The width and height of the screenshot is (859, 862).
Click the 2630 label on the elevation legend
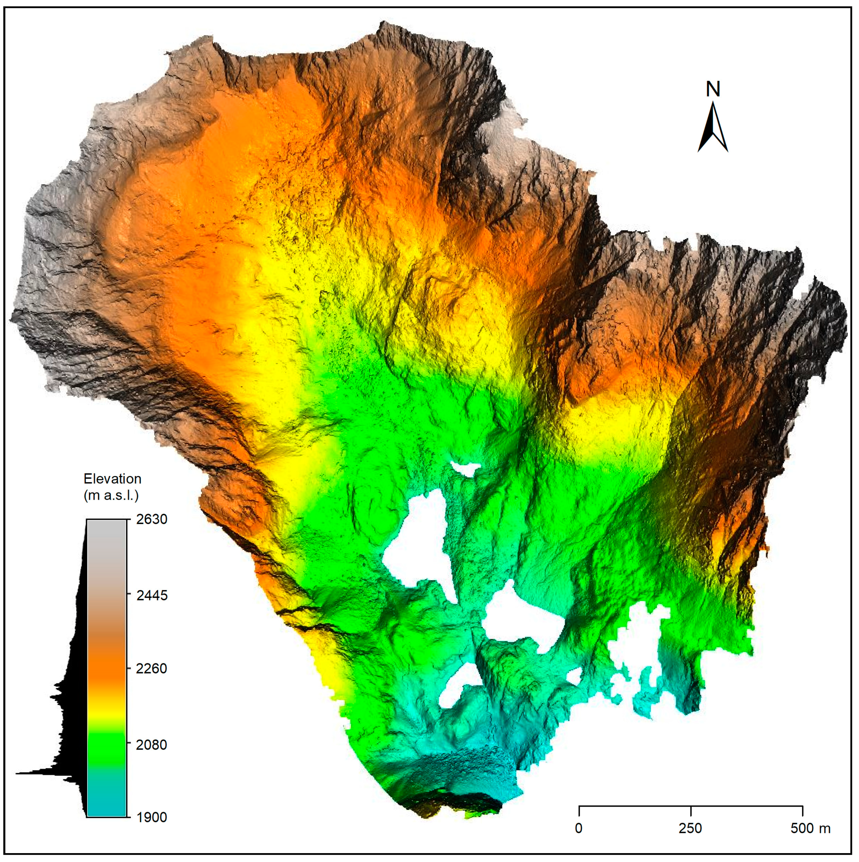pyautogui.click(x=152, y=519)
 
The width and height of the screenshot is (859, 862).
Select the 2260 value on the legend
pyautogui.click(x=152, y=668)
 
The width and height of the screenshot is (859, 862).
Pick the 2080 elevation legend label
pyautogui.click(x=152, y=745)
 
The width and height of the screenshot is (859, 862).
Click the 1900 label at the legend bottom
pyautogui.click(x=152, y=817)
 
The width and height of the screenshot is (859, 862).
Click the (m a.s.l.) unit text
pyautogui.click(x=111, y=495)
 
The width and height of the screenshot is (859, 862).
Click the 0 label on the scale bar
pyautogui.click(x=579, y=829)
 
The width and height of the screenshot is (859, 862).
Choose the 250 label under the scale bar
pyautogui.click(x=690, y=829)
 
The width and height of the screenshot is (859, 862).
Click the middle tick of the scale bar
pyautogui.click(x=691, y=810)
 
